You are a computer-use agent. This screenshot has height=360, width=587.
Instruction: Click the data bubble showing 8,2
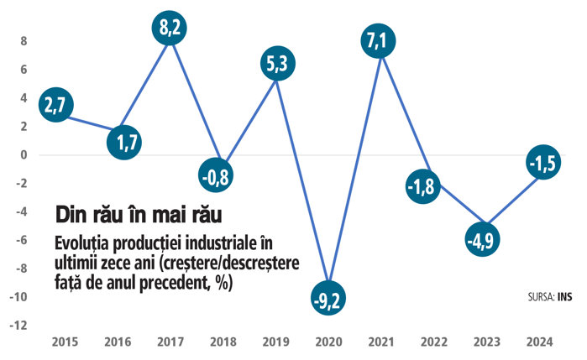(171, 28)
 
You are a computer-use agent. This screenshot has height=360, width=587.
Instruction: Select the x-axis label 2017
(171, 342)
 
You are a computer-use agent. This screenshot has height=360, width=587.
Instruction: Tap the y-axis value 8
(24, 40)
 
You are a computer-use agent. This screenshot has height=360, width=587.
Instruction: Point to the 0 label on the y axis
(24, 155)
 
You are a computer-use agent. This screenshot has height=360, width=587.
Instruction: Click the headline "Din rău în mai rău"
(139, 213)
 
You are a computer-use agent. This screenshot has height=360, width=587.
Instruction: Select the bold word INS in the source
(563, 297)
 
